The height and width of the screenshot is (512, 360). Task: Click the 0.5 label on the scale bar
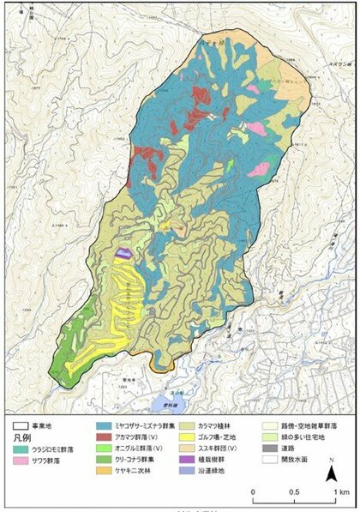[x=293, y=492]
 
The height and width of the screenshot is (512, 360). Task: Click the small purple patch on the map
[x=125, y=254]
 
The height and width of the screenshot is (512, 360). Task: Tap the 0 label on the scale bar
[x=253, y=492]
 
